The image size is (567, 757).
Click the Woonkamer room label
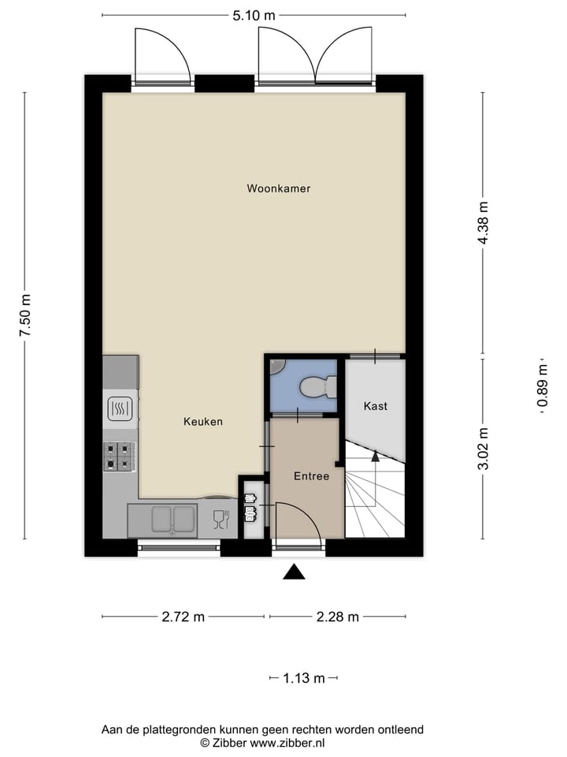(278, 188)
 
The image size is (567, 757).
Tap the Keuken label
(203, 422)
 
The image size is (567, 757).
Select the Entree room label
(311, 476)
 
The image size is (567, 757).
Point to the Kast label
(376, 406)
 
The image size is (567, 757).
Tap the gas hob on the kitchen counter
(119, 456)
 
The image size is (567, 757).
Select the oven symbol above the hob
(120, 408)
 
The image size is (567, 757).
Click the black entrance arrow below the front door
(294, 572)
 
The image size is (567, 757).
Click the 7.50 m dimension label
(25, 315)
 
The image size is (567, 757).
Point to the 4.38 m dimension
(483, 223)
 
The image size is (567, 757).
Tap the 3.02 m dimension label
(483, 448)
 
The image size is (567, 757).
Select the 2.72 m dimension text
(183, 617)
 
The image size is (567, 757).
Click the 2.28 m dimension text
(337, 617)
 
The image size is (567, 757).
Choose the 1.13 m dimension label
(304, 678)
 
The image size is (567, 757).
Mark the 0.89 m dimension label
(542, 386)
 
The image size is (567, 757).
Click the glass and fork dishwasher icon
(220, 518)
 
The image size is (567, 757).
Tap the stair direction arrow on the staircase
(376, 455)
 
